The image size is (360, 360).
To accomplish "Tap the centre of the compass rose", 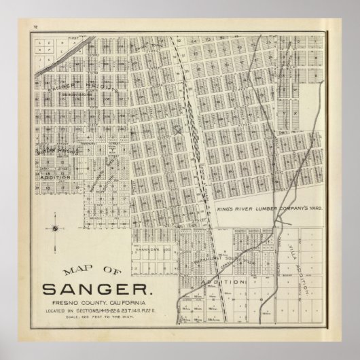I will pos(54,229).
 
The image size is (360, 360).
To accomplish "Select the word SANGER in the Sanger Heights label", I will pos(63,88).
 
